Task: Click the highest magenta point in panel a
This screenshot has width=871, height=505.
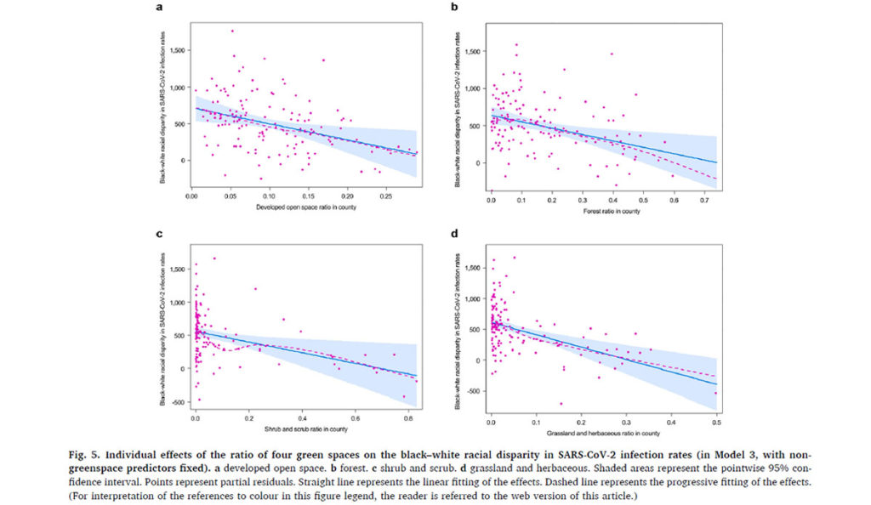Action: [232, 31]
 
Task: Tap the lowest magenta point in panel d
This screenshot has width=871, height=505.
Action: [561, 404]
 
